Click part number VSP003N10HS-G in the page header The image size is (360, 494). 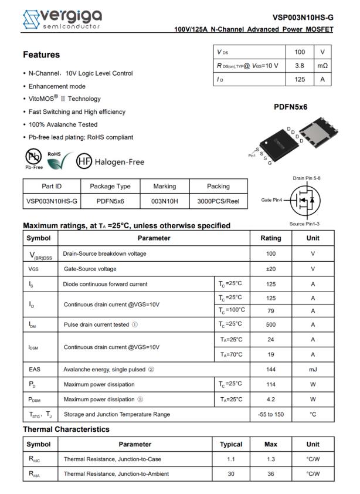pyautogui.click(x=303, y=18)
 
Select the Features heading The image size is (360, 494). pyautogui.click(x=41, y=55)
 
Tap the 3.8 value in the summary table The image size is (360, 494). pyautogui.click(x=299, y=66)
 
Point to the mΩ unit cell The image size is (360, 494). pyautogui.click(x=322, y=66)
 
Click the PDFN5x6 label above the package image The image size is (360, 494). pyautogui.click(x=291, y=107)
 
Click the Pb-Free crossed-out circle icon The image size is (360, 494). pyautogui.click(x=33, y=158)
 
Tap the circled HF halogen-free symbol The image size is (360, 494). pyautogui.click(x=85, y=161)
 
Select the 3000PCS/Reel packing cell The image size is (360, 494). pyautogui.click(x=218, y=201)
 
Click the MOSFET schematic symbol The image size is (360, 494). pyautogui.click(x=304, y=200)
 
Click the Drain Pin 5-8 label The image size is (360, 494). pyautogui.click(x=307, y=178)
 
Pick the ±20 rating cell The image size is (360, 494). pyautogui.click(x=270, y=269)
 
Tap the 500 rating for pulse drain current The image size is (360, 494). pyautogui.click(x=270, y=324)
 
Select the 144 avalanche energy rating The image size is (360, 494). pyautogui.click(x=270, y=370)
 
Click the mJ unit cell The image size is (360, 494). pyautogui.click(x=313, y=370)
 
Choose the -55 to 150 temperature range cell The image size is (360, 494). pyautogui.click(x=270, y=414)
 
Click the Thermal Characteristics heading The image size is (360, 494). pyautogui.click(x=66, y=429)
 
